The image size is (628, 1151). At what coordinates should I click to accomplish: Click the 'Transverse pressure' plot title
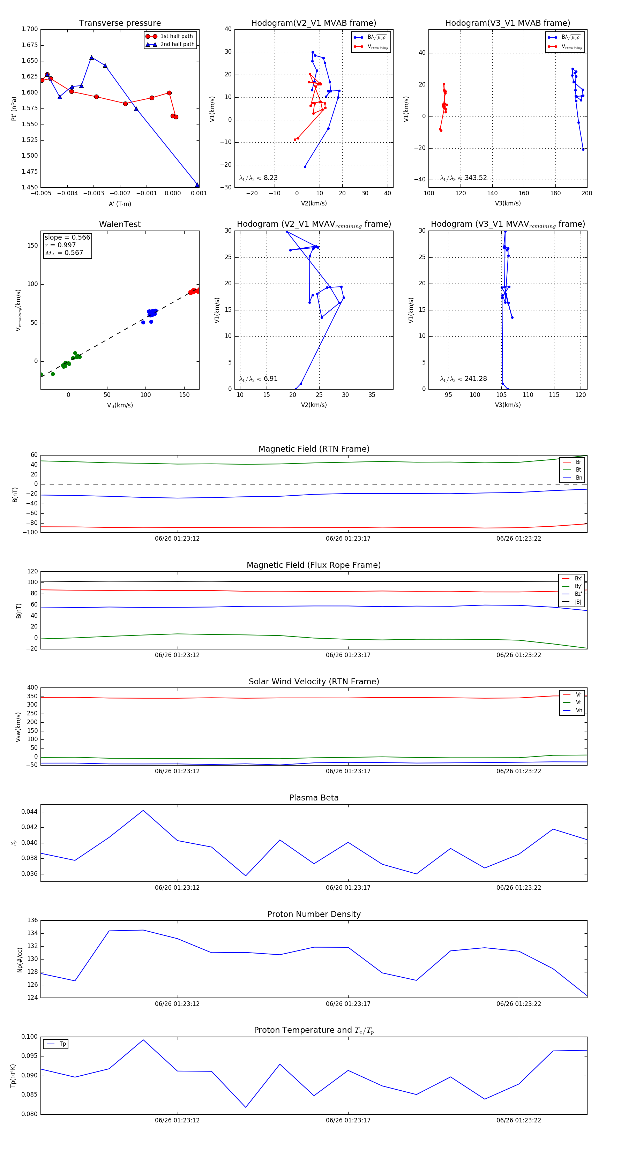(x=120, y=23)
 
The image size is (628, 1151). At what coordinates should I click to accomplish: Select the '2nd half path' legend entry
(x=177, y=44)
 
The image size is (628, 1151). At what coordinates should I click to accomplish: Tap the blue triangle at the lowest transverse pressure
(x=197, y=185)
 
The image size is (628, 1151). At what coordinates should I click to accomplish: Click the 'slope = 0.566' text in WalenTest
(x=67, y=237)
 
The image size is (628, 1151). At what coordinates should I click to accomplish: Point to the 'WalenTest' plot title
(x=120, y=224)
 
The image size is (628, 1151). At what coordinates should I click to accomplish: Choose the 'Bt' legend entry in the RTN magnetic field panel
(x=578, y=469)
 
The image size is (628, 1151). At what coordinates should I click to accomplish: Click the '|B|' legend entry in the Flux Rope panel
(x=578, y=602)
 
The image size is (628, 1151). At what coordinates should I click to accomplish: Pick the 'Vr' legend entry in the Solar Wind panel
(x=578, y=695)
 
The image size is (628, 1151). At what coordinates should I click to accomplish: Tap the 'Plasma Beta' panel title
(x=314, y=798)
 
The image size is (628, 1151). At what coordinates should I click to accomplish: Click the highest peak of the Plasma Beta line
(x=143, y=810)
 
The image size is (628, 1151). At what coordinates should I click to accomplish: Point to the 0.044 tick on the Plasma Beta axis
(x=30, y=812)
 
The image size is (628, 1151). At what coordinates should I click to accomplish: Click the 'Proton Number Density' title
(x=314, y=914)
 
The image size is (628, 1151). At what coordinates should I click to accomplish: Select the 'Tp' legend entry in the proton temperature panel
(x=62, y=1044)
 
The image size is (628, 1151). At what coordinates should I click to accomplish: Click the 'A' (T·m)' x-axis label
(x=120, y=204)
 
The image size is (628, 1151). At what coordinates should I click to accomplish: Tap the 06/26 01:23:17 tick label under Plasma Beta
(x=348, y=888)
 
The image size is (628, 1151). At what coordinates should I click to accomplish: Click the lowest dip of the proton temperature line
(x=245, y=1107)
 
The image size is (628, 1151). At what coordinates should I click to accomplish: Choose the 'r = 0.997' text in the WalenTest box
(x=60, y=245)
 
